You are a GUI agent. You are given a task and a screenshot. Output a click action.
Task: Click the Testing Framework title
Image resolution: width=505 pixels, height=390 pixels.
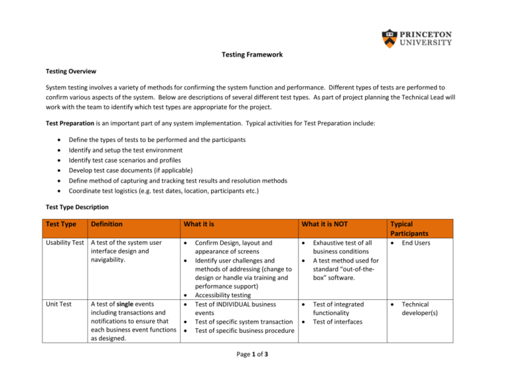pyautogui.click(x=252, y=55)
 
